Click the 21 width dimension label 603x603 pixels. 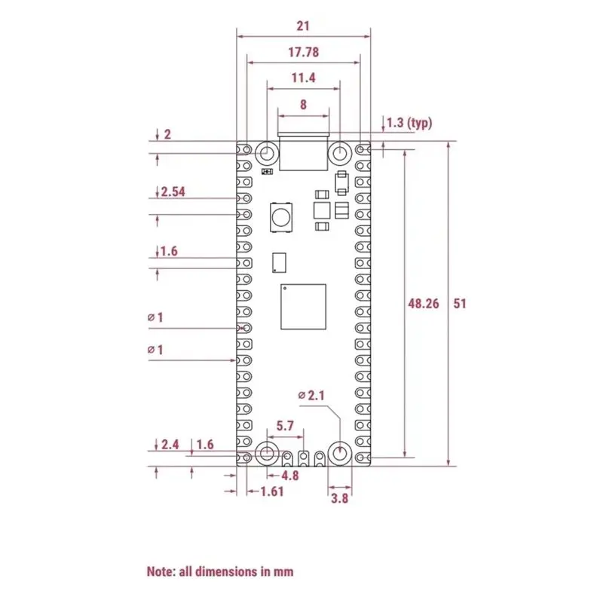pyautogui.click(x=303, y=26)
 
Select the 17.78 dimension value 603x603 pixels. pyautogui.click(x=304, y=52)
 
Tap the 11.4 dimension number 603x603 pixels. pyautogui.click(x=304, y=78)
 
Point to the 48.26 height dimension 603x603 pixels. pyautogui.click(x=424, y=304)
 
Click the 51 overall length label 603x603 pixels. pyautogui.click(x=460, y=304)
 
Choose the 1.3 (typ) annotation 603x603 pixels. pyautogui.click(x=409, y=123)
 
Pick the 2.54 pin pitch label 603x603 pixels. pyautogui.click(x=173, y=191)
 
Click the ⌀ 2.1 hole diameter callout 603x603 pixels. pyautogui.click(x=311, y=395)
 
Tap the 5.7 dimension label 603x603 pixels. pyautogui.click(x=285, y=426)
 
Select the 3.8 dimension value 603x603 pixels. pyautogui.click(x=340, y=498)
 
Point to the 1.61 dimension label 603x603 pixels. pyautogui.click(x=272, y=491)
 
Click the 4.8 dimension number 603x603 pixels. pyautogui.click(x=290, y=476)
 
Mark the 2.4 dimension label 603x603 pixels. pyautogui.click(x=170, y=445)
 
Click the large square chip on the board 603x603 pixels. pyautogui.click(x=304, y=307)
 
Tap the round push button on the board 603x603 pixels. pyautogui.click(x=280, y=218)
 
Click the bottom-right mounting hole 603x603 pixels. pyautogui.click(x=340, y=453)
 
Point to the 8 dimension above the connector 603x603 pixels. pyautogui.click(x=304, y=104)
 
